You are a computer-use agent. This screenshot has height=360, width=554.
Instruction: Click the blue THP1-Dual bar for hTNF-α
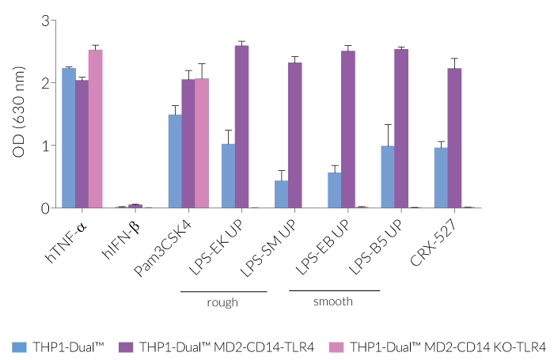click(69, 138)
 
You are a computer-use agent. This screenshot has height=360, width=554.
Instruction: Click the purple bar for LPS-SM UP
click(294, 135)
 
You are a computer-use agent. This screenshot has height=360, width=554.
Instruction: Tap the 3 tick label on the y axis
click(45, 21)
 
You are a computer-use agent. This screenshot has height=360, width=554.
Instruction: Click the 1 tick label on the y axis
click(45, 146)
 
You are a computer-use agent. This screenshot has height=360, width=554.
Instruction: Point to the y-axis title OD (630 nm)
click(19, 114)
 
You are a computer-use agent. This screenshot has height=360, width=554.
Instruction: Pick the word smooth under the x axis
click(333, 301)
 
